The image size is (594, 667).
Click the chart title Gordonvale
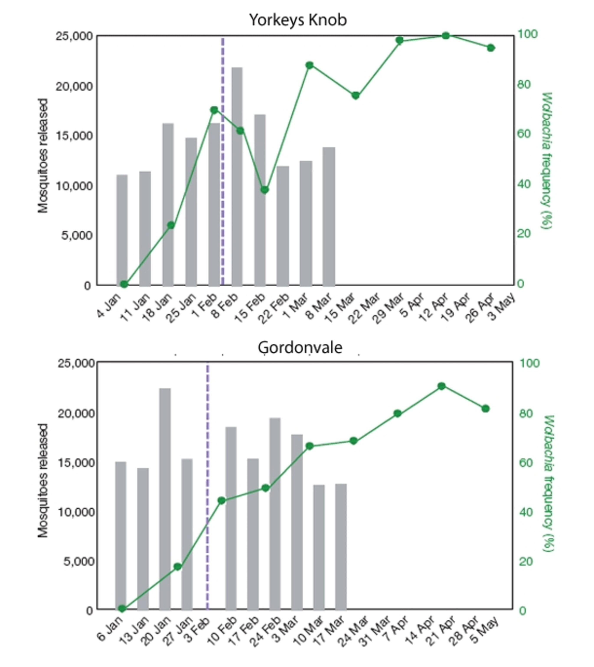[300, 347]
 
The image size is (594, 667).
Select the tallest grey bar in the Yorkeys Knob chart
[237, 177]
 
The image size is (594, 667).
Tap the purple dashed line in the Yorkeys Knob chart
[223, 163]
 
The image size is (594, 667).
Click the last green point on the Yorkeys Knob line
[491, 48]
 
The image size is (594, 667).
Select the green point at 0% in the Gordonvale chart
[122, 609]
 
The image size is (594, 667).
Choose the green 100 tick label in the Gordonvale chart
[529, 363]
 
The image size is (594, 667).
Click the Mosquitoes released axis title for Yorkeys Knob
[43, 156]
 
